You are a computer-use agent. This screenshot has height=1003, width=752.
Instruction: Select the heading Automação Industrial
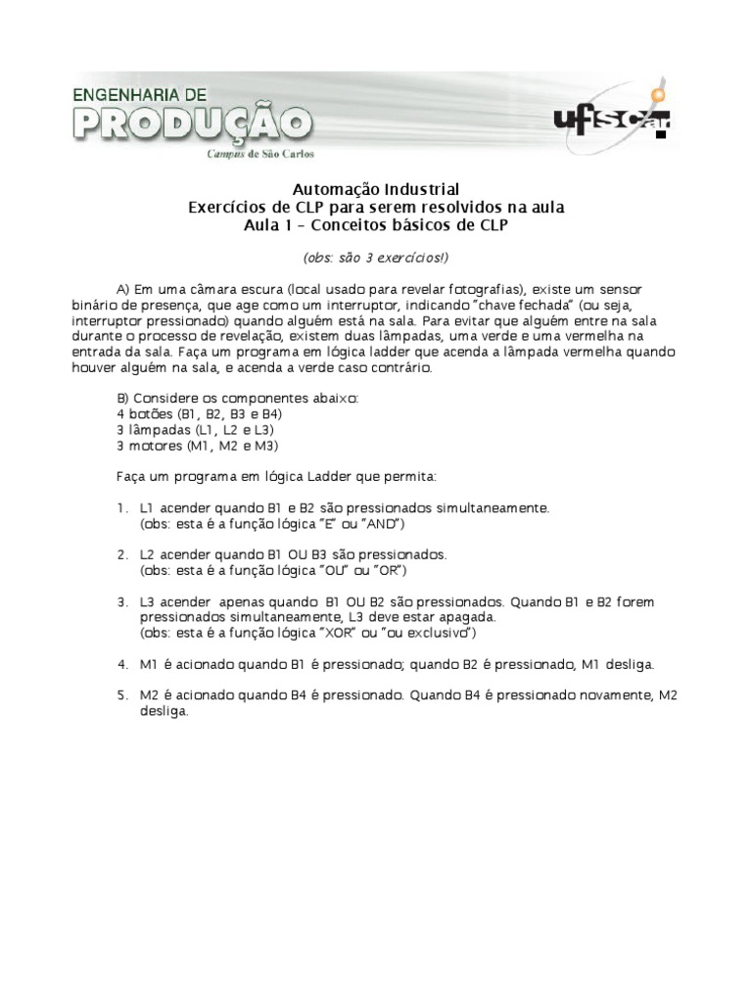tap(376, 189)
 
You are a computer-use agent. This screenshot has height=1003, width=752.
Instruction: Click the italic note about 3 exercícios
tap(376, 258)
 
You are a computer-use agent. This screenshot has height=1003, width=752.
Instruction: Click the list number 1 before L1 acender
tap(120, 509)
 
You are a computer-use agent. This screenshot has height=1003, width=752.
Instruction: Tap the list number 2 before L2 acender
tap(120, 554)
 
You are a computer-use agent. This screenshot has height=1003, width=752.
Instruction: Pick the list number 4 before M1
tap(120, 664)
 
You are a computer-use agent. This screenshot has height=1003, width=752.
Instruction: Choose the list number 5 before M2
tap(120, 695)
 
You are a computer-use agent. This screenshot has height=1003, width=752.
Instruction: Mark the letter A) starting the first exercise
tap(123, 291)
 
